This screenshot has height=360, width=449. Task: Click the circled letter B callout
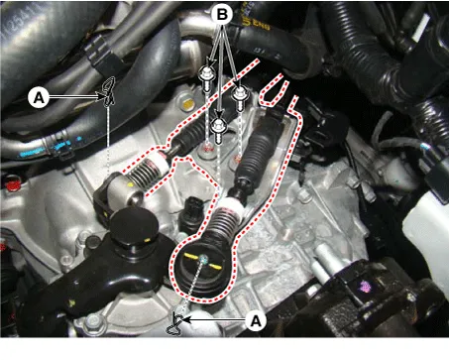[x=222, y=15]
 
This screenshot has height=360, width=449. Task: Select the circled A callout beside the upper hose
[x=39, y=97]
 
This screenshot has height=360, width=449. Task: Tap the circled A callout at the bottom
[x=256, y=320]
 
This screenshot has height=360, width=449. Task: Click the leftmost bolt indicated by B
[x=207, y=77]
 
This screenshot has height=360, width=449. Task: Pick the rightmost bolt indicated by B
[x=240, y=97]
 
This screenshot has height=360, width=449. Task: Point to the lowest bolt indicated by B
[x=218, y=130]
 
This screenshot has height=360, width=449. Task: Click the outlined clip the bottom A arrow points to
[x=175, y=324]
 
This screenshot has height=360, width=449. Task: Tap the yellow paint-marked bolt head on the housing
[x=188, y=104]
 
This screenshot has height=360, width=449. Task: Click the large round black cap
[x=134, y=226]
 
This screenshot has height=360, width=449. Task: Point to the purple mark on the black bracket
[x=365, y=286]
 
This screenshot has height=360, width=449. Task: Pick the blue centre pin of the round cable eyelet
[x=203, y=260]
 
